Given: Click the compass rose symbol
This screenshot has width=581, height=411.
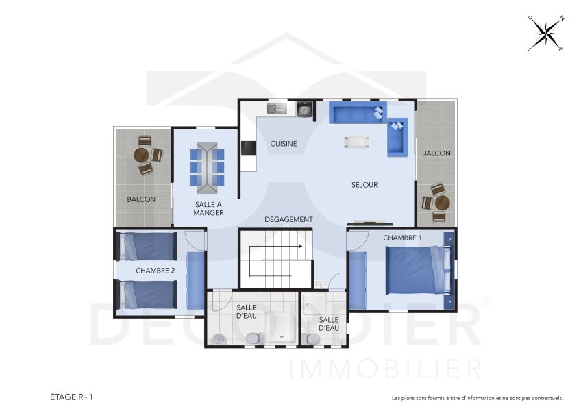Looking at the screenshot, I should click(546, 33).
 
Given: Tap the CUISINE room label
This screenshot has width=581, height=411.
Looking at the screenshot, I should click(284, 144).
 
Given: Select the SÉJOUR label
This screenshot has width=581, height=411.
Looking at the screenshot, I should click(364, 184).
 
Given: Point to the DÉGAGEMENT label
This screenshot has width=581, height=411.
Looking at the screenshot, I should click(289, 219).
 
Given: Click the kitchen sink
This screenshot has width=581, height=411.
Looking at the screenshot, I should click(277, 108).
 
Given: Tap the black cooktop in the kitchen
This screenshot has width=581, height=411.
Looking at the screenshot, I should click(248, 148).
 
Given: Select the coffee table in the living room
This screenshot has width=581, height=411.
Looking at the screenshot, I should click(356, 142).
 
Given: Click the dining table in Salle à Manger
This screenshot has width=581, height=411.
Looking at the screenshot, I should click(207, 165).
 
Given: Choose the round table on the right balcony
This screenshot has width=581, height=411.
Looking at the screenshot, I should click(442, 203).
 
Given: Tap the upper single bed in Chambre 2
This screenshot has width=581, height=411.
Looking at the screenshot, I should click(148, 246).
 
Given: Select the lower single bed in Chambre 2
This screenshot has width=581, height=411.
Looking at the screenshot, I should click(148, 295).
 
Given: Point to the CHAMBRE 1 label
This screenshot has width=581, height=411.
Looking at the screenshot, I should click(403, 238).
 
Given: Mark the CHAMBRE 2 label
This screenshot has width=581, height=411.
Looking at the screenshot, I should click(156, 271).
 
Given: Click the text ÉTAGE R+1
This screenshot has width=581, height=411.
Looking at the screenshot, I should click(71, 397).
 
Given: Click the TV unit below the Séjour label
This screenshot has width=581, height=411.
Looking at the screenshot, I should click(370, 223).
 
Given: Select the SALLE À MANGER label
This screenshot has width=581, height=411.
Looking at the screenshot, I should click(208, 208).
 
